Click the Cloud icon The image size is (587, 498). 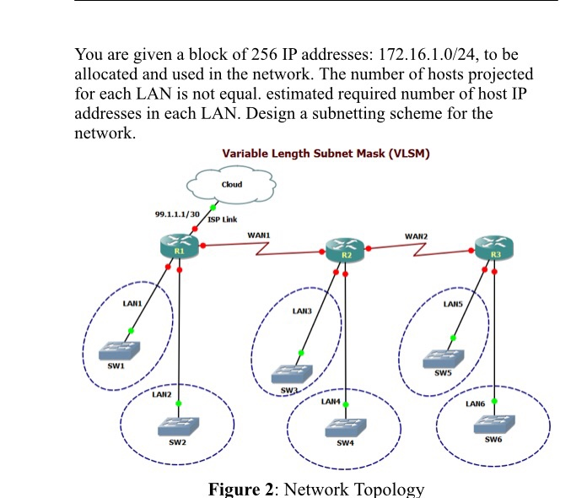[231, 185]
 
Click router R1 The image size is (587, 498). [179, 247]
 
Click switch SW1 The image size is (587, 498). [117, 349]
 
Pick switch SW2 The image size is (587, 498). [179, 426]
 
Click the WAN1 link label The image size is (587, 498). [259, 234]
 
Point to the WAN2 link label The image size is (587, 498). [416, 235]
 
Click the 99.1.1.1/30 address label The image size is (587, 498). [178, 214]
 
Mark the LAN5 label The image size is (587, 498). [453, 303]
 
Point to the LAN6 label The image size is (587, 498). [475, 403]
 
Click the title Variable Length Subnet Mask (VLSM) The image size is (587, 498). [326, 154]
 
